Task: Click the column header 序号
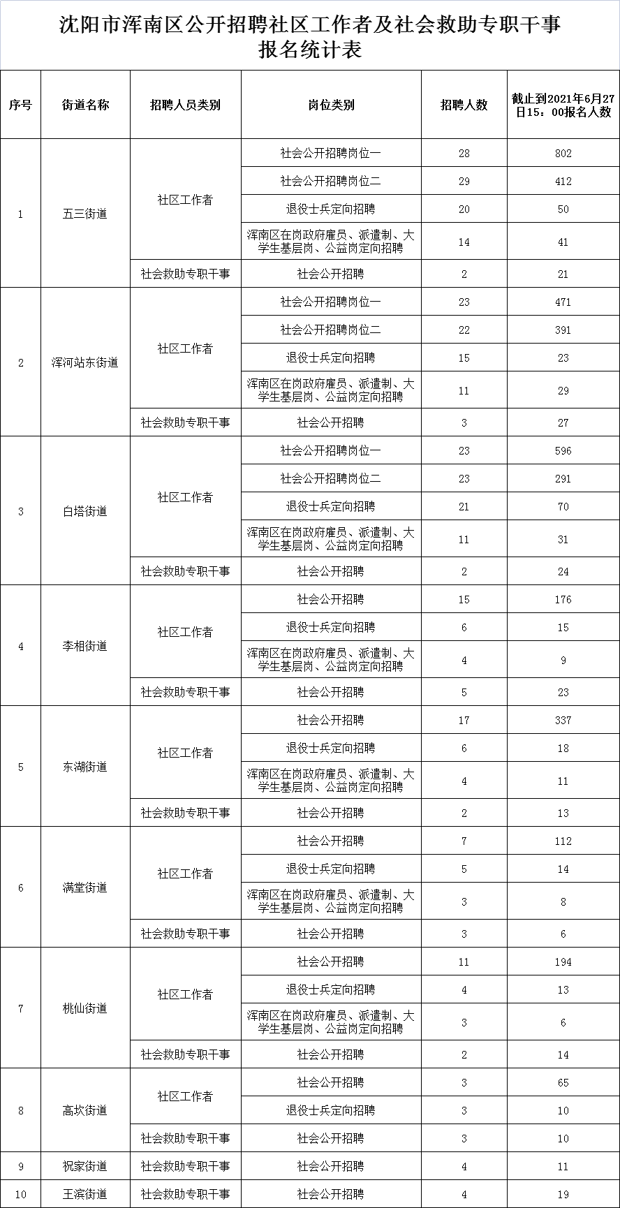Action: pos(20,105)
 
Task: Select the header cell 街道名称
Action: pos(85,105)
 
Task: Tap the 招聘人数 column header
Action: pos(464,105)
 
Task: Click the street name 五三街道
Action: pos(85,214)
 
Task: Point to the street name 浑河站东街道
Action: pos(85,362)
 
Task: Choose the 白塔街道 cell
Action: pos(85,511)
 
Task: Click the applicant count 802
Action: pos(563,154)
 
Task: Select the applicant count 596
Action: pos(563,451)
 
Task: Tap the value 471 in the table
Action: pos(563,302)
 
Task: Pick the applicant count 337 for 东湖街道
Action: pos(563,721)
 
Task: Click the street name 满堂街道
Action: pos(85,887)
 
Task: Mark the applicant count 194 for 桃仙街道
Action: pos(563,962)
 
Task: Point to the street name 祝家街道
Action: pos(85,1166)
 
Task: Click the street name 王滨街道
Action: pos(85,1194)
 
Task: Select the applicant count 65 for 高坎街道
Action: pos(563,1083)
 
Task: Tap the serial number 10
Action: pos(20,1194)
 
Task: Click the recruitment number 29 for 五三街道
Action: pos(464,182)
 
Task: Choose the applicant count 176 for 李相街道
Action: pos(563,600)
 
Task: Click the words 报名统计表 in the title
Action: pos(310,51)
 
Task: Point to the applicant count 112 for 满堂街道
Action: pos(563,841)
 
